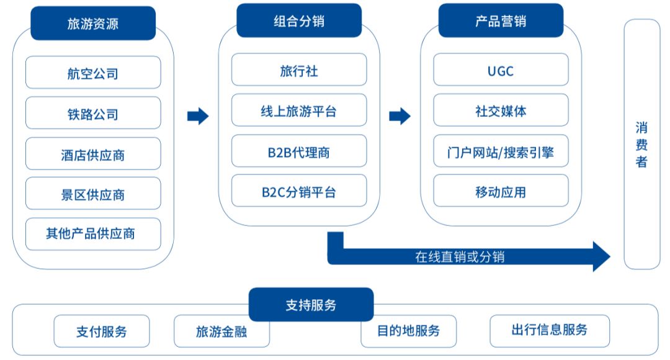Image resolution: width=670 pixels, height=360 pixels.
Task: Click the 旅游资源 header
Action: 93,24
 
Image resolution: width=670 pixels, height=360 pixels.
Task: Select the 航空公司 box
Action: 93,73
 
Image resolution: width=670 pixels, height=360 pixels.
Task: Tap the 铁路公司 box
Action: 93,114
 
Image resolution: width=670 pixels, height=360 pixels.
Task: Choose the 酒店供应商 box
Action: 93,154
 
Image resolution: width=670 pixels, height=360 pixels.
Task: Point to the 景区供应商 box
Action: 93,194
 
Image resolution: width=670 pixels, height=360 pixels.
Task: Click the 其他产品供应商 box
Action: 93,234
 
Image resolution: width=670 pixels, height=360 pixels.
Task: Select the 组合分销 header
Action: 299,21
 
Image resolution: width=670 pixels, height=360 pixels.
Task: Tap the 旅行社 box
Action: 299,70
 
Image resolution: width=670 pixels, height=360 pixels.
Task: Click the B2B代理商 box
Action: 299,151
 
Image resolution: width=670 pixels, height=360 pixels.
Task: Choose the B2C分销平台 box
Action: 299,191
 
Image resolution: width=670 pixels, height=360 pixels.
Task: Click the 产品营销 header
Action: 501,21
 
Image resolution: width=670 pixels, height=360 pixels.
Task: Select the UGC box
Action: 501,70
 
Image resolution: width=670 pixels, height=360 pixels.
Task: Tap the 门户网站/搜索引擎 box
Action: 501,151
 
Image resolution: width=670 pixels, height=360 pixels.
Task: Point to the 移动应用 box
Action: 501,191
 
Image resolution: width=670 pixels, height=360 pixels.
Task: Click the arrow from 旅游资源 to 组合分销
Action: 198,115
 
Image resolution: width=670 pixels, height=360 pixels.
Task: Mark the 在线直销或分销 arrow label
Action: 460,255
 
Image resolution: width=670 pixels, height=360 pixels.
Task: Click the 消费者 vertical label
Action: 641,144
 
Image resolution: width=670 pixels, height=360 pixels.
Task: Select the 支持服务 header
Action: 311,305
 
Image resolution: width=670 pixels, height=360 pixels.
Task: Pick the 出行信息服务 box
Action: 550,330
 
